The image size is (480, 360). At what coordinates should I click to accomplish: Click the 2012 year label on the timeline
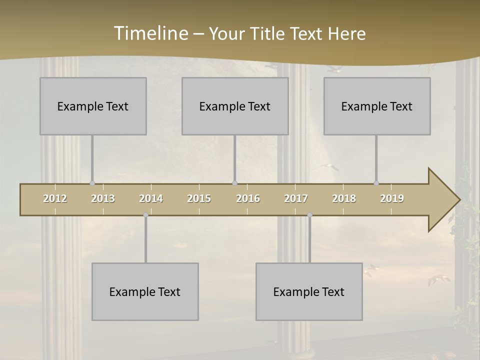(x=55, y=198)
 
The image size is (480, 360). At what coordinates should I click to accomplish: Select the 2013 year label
(x=103, y=198)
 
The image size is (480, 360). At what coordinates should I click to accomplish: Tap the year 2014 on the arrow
(x=151, y=198)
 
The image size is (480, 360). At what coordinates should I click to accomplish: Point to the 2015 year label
(x=199, y=198)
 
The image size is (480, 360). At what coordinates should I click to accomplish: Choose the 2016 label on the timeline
(x=248, y=198)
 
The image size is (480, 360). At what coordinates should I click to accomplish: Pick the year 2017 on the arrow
(x=296, y=198)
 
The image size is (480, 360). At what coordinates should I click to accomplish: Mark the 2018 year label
(x=344, y=198)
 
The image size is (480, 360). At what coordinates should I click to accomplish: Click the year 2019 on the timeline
(x=392, y=198)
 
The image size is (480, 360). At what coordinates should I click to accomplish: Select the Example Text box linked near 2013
(x=93, y=106)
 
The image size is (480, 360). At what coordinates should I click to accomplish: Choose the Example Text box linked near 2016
(x=235, y=106)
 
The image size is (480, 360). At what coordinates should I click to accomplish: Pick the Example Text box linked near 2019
(x=377, y=106)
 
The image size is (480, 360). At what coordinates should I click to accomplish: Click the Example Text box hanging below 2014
(x=145, y=291)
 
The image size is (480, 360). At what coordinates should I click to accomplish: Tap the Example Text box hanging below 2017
(x=309, y=291)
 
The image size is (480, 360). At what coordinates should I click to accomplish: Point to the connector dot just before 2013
(x=92, y=183)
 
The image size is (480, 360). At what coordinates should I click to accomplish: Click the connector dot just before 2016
(x=235, y=183)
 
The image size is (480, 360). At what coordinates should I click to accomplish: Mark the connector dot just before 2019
(x=376, y=183)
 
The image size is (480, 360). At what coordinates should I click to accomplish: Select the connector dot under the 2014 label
(x=145, y=215)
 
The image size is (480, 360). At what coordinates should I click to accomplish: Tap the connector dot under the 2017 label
(x=309, y=215)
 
